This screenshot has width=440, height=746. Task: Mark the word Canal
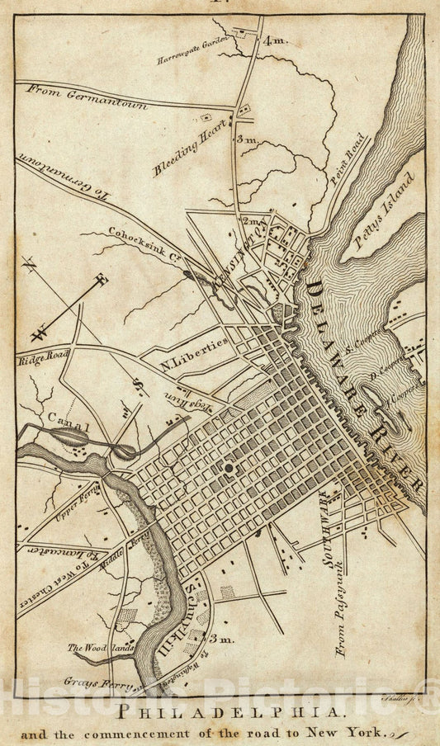(x=69, y=424)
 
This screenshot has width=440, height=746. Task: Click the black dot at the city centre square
(x=228, y=468)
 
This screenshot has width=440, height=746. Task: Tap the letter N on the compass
(x=31, y=266)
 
